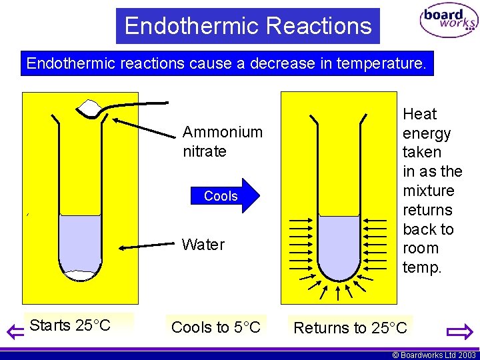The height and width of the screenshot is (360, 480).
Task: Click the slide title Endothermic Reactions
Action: [247, 26]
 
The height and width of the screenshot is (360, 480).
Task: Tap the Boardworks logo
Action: [448, 22]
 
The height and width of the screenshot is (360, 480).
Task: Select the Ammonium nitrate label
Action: [222, 141]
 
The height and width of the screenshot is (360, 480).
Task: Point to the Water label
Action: [203, 245]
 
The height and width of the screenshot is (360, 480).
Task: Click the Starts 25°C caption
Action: [70, 325]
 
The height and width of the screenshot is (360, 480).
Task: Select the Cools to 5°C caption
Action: [215, 327]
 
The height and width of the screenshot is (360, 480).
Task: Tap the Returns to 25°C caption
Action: [350, 328]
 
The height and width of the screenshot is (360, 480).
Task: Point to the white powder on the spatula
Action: [89, 107]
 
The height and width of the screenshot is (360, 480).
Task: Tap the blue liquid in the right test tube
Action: [339, 243]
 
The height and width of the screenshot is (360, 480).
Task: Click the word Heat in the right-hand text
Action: [419, 114]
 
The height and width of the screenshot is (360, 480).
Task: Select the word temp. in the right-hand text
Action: [421, 267]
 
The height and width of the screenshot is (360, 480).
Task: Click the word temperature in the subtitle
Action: [378, 64]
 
